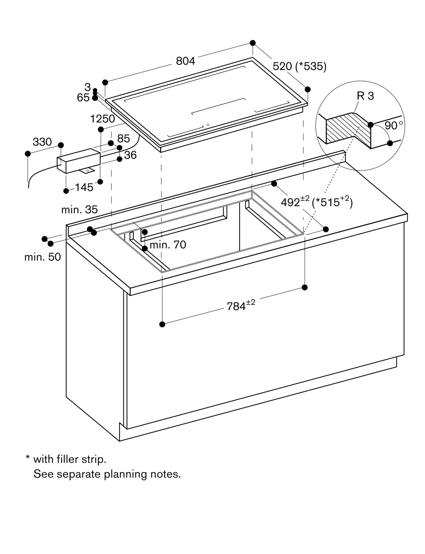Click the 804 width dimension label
click(185, 61)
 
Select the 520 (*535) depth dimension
click(299, 66)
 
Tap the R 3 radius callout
click(365, 96)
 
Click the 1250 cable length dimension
click(102, 119)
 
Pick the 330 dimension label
click(42, 142)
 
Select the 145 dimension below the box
click(84, 188)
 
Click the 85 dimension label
click(123, 138)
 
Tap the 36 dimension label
click(130, 155)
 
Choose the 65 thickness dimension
click(83, 98)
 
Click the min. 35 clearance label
click(79, 210)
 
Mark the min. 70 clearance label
click(168, 245)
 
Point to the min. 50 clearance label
click(42, 257)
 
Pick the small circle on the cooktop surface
click(208, 125)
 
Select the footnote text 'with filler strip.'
click(69, 459)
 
